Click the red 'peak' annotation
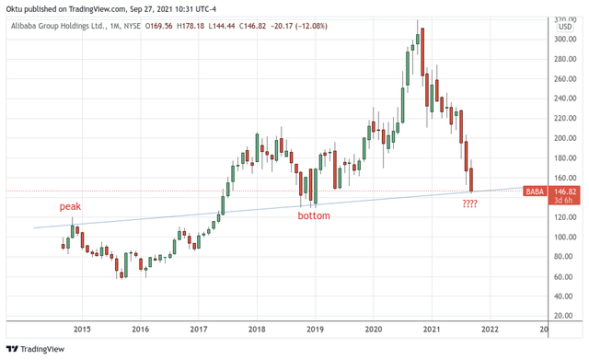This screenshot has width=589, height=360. [70, 207]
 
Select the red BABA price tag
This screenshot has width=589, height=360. [534, 192]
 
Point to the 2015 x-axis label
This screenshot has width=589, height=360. [82, 329]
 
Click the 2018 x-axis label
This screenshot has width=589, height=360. [257, 329]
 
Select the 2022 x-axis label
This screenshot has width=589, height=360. [490, 329]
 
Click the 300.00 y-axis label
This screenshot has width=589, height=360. [565, 40]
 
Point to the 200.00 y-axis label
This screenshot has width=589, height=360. [565, 138]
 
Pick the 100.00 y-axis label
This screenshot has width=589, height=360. [565, 237]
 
